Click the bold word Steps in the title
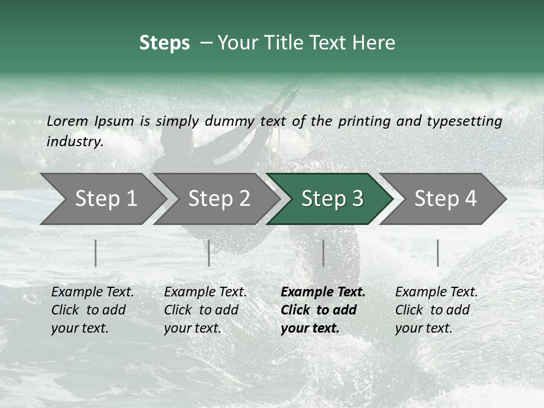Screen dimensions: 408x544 tap(164, 43)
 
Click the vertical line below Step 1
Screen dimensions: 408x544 tap(96, 253)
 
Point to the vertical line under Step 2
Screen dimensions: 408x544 tap(209, 253)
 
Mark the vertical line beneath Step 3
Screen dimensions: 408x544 tap(323, 253)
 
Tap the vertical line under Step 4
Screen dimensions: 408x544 tap(437, 253)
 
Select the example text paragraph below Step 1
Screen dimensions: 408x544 tap(92, 310)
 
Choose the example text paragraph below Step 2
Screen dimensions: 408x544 tap(205, 310)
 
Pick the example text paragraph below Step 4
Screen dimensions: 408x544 tap(436, 310)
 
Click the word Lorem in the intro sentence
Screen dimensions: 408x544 tap(67, 121)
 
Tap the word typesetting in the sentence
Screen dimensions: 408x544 tap(461, 121)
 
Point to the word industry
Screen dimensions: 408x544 tap(75, 142)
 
